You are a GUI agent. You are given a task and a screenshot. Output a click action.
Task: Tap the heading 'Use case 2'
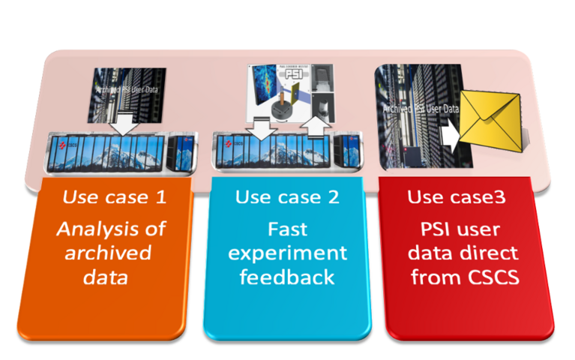tap(287, 198)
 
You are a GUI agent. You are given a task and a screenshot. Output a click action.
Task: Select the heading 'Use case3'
tap(457, 198)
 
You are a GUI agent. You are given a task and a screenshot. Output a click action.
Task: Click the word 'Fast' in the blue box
tap(287, 228)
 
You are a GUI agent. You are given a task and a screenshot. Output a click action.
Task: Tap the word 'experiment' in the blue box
tap(287, 253)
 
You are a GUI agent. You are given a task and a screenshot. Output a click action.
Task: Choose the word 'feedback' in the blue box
tap(287, 277)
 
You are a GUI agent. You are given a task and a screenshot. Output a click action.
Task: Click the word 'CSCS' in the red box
tap(489, 277)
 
